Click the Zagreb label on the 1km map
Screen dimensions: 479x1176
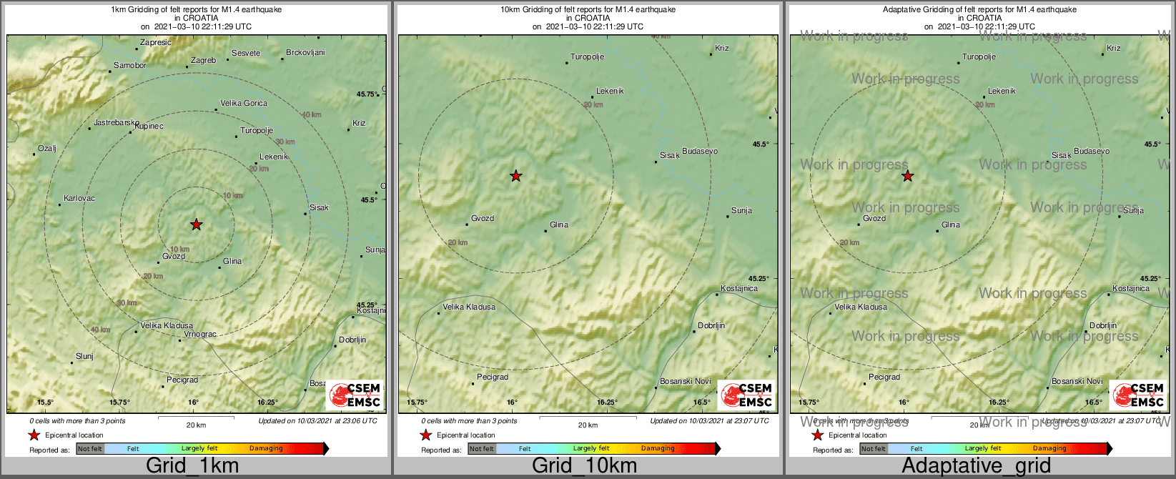tap(203, 61)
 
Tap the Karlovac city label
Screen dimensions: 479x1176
tap(79, 198)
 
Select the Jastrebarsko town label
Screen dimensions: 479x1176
tap(116, 123)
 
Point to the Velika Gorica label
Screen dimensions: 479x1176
tap(244, 104)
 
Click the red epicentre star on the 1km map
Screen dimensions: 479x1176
tap(197, 224)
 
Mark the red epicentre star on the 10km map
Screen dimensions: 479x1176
tap(515, 176)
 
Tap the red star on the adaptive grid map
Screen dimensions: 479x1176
tap(907, 176)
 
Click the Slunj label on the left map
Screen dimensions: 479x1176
tap(84, 356)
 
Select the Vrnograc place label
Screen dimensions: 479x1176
tap(199, 335)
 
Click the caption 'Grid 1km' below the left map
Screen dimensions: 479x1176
tap(192, 466)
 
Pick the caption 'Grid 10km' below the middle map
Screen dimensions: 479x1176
tap(584, 466)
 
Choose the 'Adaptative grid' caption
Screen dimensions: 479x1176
tap(976, 466)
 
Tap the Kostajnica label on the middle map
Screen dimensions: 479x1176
tap(739, 289)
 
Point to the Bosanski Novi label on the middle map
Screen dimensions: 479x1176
tap(685, 382)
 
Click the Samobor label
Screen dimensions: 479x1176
tap(130, 66)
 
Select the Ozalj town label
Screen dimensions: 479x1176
tap(46, 149)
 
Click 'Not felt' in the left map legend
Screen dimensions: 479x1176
tap(90, 449)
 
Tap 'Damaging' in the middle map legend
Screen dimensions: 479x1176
tap(658, 449)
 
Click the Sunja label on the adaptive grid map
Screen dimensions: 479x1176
tap(1133, 211)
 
